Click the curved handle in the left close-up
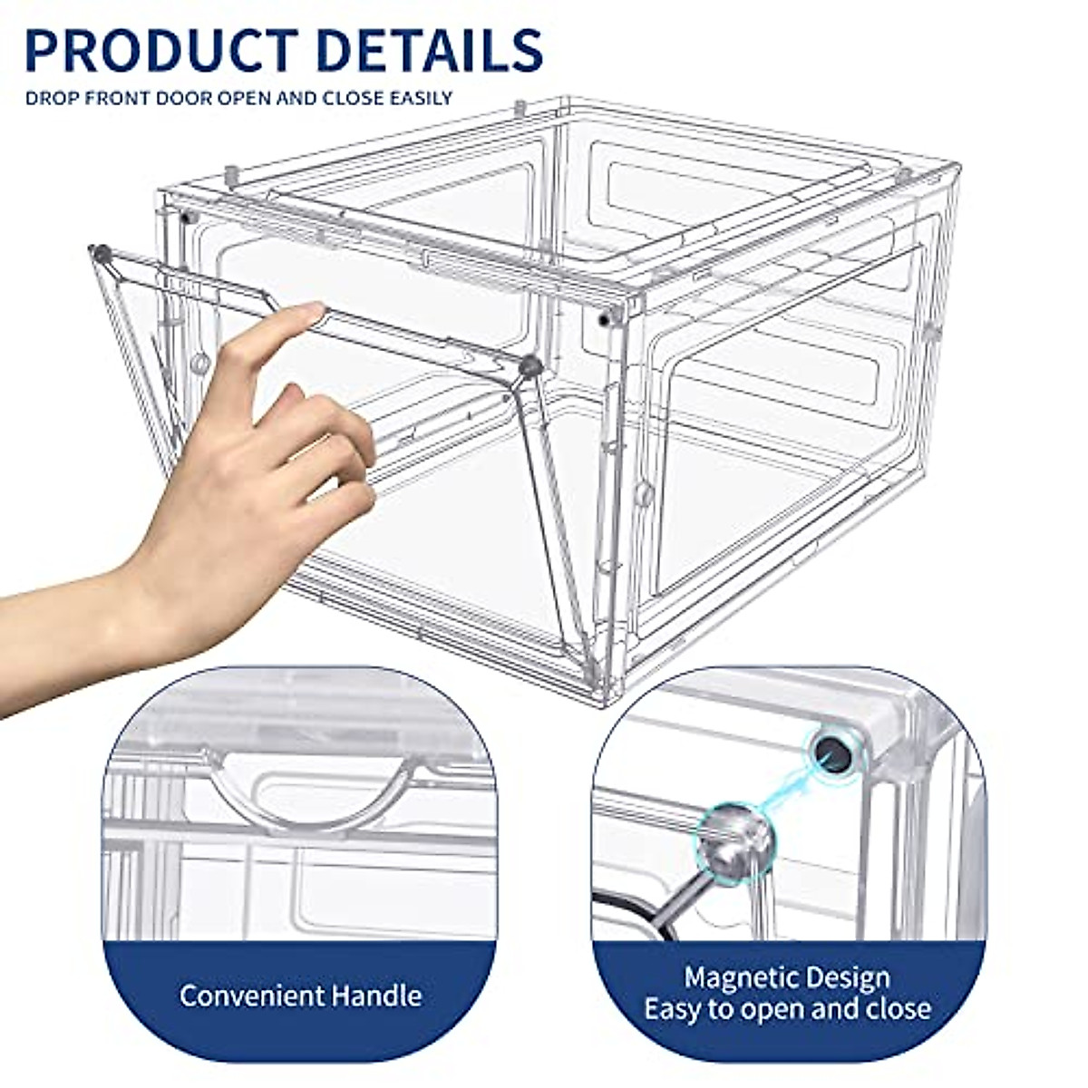(x=313, y=798)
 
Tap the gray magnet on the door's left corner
(x=102, y=255)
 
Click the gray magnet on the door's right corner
(x=529, y=366)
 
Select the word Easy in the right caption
(x=677, y=1008)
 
